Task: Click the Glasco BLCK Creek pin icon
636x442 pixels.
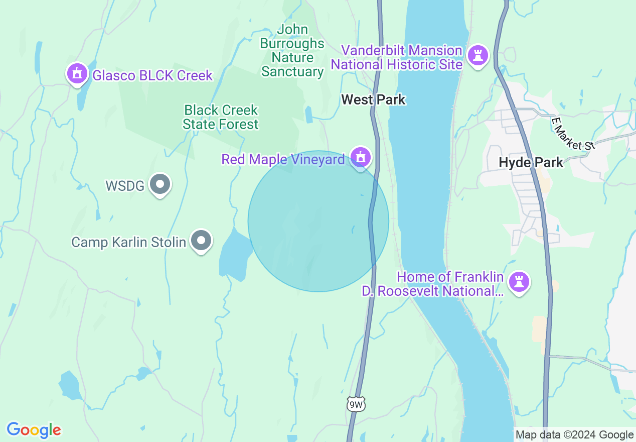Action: click(77, 74)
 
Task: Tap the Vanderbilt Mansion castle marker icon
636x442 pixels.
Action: click(478, 55)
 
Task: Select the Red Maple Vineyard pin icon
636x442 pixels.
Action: click(360, 158)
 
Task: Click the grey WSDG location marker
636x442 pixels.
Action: click(160, 184)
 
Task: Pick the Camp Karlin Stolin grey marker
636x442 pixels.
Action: click(201, 241)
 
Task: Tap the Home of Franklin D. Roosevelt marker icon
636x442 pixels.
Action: click(519, 282)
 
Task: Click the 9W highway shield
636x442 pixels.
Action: click(356, 403)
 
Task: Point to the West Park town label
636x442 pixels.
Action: click(373, 99)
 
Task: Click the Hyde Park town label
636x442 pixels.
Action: click(531, 162)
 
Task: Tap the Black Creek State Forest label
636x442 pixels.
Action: click(221, 117)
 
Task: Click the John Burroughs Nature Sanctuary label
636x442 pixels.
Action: click(292, 51)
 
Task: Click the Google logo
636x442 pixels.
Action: click(34, 430)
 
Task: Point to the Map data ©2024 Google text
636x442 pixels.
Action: click(575, 435)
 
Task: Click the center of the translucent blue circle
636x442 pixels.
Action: click(319, 221)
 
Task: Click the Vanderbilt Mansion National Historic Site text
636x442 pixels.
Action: click(396, 57)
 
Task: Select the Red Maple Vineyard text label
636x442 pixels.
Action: click(283, 160)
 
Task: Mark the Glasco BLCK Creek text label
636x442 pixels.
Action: click(152, 76)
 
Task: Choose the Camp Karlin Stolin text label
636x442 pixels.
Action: click(129, 242)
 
